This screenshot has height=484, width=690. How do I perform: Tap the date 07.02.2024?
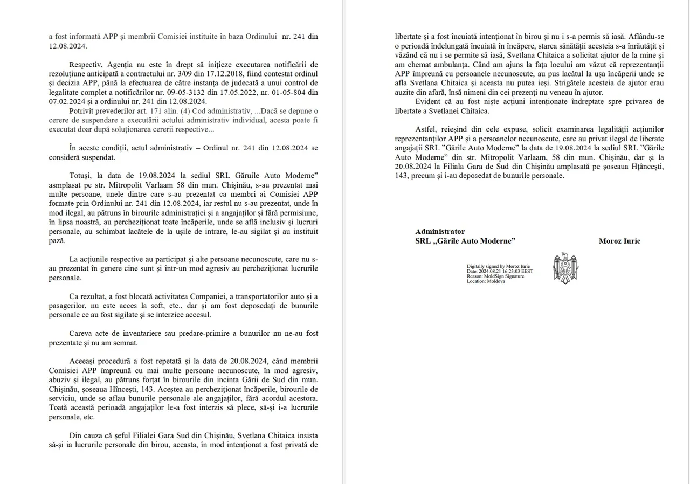pos(65,101)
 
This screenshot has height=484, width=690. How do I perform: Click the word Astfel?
pos(427,129)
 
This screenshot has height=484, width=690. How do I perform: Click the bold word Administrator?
pos(440,231)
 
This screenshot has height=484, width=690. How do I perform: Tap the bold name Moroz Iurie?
pos(619,241)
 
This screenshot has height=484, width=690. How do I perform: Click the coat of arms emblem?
pos(565,268)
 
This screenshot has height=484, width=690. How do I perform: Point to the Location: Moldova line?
pos(486,281)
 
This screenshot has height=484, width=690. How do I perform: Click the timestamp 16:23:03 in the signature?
pos(511,271)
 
